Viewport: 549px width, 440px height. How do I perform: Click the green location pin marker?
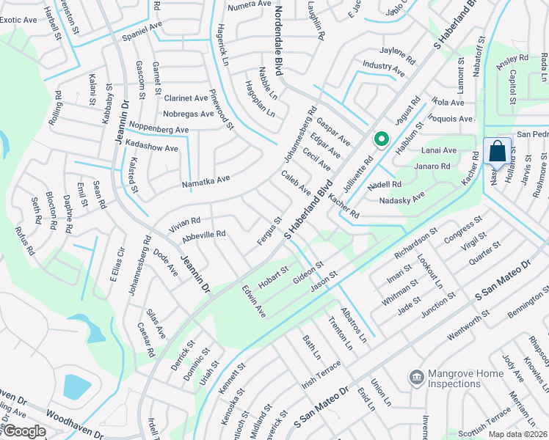pyautogui.click(x=381, y=139)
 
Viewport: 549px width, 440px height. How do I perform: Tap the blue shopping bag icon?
pyautogui.click(x=497, y=152)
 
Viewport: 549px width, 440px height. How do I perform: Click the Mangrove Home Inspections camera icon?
pyautogui.click(x=416, y=377)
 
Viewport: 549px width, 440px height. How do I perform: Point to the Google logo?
pyautogui.click(x=23, y=431)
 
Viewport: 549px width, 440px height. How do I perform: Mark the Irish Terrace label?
pyautogui.click(x=321, y=371)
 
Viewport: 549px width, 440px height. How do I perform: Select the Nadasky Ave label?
pyautogui.click(x=401, y=199)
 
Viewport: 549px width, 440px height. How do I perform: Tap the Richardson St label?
pyautogui.click(x=415, y=243)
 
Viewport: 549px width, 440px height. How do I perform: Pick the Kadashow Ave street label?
pyautogui.click(x=152, y=147)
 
